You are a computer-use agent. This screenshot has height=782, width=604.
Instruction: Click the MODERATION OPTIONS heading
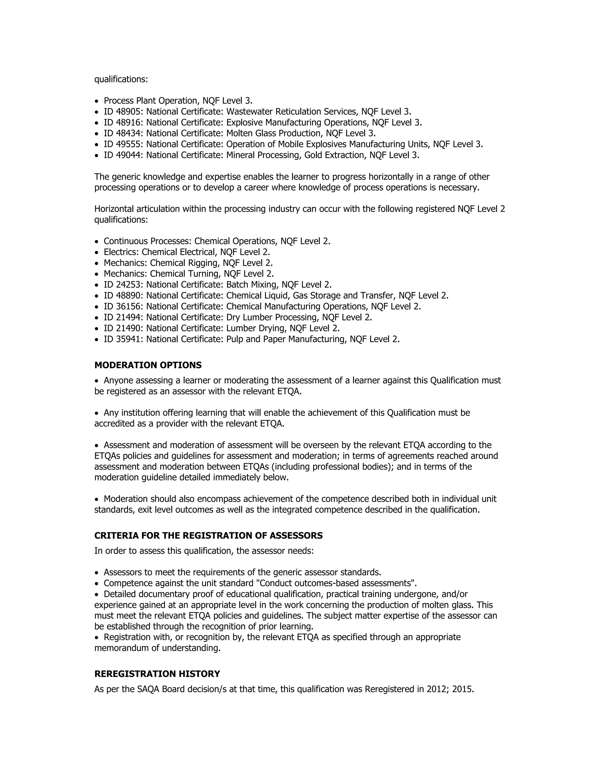coord(148,365)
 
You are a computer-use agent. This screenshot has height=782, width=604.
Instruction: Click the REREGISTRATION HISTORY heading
coord(157,674)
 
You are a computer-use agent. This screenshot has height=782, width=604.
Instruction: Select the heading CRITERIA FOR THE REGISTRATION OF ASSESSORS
coord(208,536)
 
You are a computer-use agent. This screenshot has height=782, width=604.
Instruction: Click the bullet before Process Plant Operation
coord(96,101)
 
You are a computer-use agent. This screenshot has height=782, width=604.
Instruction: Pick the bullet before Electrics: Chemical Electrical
coord(96,252)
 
